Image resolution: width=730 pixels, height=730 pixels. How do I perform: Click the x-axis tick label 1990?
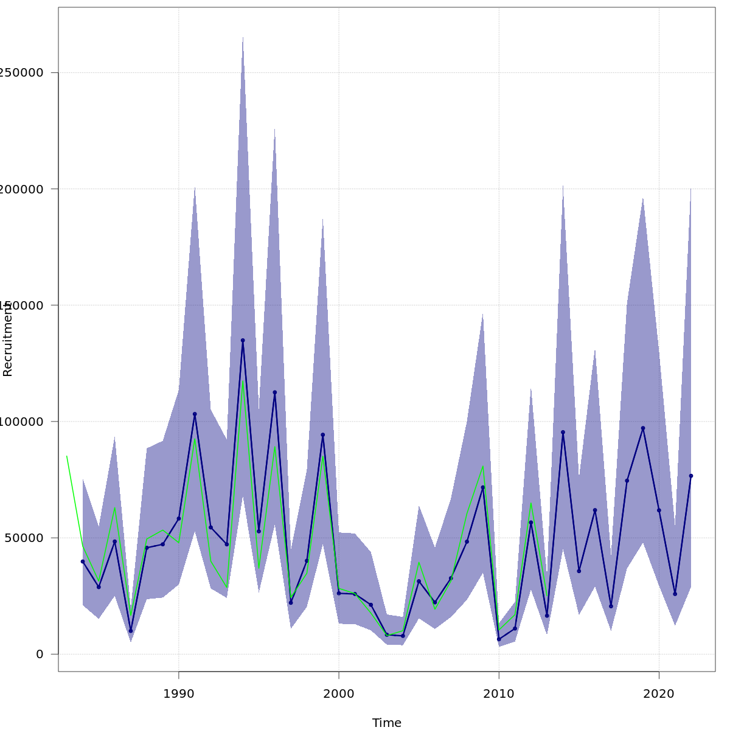tap(178, 693)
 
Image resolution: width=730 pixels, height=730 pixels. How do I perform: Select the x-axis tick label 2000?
tap(339, 693)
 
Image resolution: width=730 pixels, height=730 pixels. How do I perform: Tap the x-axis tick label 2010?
tap(499, 693)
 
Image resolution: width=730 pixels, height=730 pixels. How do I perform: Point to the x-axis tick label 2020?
tap(659, 693)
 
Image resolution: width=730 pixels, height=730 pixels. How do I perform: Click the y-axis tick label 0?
tap(40, 654)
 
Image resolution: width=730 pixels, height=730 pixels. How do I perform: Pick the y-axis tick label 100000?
tap(24, 422)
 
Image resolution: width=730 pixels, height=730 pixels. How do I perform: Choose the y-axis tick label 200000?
tap(24, 189)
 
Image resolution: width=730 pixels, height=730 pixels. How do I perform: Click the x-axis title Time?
tap(387, 723)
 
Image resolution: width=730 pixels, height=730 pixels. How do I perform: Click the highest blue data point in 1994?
tap(243, 341)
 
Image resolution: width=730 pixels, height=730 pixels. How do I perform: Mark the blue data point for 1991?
tap(195, 414)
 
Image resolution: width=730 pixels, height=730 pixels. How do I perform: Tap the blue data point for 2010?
tap(499, 639)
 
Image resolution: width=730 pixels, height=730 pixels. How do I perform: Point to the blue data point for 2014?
tap(563, 433)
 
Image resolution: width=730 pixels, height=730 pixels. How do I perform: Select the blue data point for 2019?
tap(643, 428)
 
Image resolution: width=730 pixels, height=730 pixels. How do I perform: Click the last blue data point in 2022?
tap(691, 476)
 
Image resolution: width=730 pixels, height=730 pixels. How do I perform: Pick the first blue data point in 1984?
tap(83, 561)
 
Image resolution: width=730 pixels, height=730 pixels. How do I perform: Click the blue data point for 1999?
tap(322, 435)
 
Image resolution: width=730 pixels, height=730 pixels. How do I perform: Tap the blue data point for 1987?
tap(131, 631)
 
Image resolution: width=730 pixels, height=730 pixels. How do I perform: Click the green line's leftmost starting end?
tap(67, 456)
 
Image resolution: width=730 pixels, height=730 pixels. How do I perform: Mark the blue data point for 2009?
tap(483, 487)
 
